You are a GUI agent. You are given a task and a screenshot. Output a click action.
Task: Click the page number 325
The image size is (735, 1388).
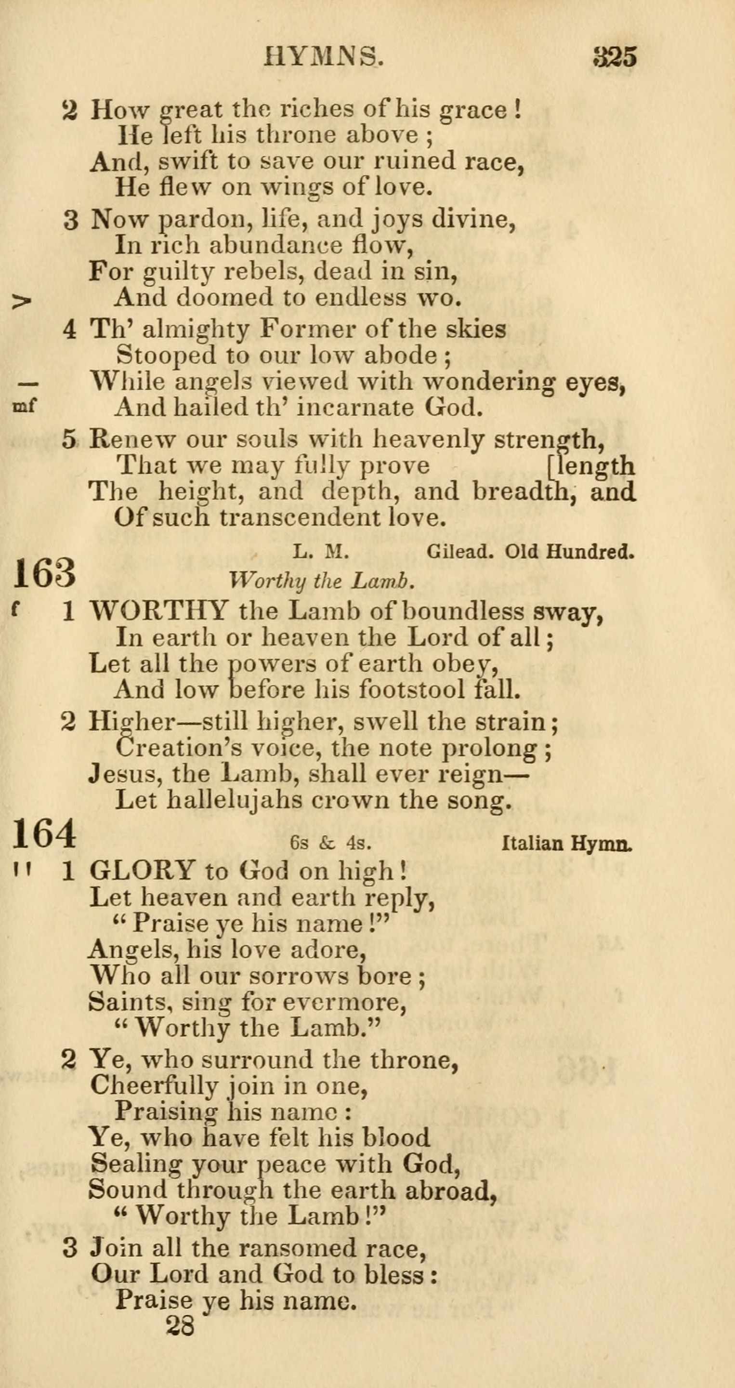pyautogui.click(x=615, y=56)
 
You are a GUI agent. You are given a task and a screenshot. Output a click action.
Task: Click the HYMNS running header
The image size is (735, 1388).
pyautogui.click(x=324, y=56)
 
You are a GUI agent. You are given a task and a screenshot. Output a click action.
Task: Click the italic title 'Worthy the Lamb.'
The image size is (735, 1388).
pyautogui.click(x=322, y=581)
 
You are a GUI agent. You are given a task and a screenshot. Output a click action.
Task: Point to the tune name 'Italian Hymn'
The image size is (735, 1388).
pyautogui.click(x=566, y=843)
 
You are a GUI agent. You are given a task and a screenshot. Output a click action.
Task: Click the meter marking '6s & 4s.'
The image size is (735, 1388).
pyautogui.click(x=330, y=843)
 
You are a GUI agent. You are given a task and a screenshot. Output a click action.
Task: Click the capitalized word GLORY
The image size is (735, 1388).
pyautogui.click(x=142, y=871)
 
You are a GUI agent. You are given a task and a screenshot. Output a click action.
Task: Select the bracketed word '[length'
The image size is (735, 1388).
pyautogui.click(x=591, y=465)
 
